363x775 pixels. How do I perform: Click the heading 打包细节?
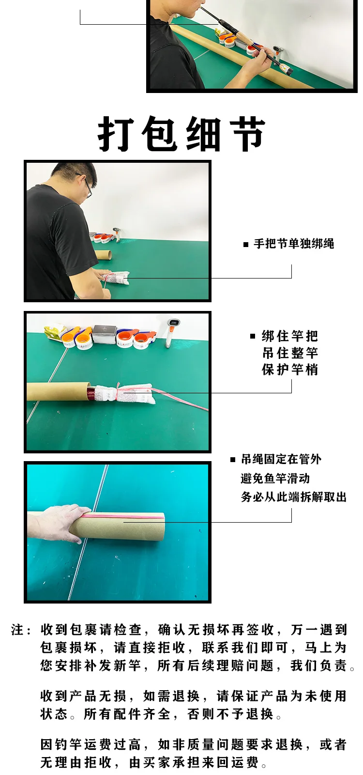(x=181, y=134)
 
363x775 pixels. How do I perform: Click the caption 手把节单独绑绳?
(x=294, y=244)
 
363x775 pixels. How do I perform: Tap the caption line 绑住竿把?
(x=290, y=336)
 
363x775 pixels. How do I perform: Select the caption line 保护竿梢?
(x=290, y=370)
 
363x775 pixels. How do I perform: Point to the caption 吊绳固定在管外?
(x=281, y=459)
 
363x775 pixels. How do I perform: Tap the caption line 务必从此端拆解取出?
(x=293, y=497)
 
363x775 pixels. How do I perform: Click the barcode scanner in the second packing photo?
(x=172, y=332)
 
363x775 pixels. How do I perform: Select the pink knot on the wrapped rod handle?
(x=119, y=390)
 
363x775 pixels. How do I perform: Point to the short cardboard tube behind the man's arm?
(x=104, y=255)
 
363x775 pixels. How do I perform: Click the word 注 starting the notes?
(x=17, y=630)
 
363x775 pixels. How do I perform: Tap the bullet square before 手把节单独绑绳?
(x=246, y=245)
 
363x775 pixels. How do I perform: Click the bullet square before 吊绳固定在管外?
(x=233, y=460)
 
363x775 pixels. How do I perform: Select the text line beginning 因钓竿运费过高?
(x=194, y=744)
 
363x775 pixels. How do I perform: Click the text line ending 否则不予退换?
(x=161, y=714)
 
